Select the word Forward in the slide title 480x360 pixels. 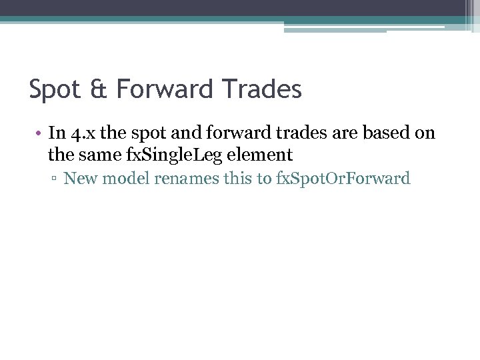point(165,89)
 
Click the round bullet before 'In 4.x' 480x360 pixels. point(39,133)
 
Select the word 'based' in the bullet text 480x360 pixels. point(388,133)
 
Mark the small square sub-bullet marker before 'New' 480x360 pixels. point(55,179)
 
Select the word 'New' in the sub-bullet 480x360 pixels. point(79,178)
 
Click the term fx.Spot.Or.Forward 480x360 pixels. point(343,178)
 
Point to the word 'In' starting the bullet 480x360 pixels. point(56,133)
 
